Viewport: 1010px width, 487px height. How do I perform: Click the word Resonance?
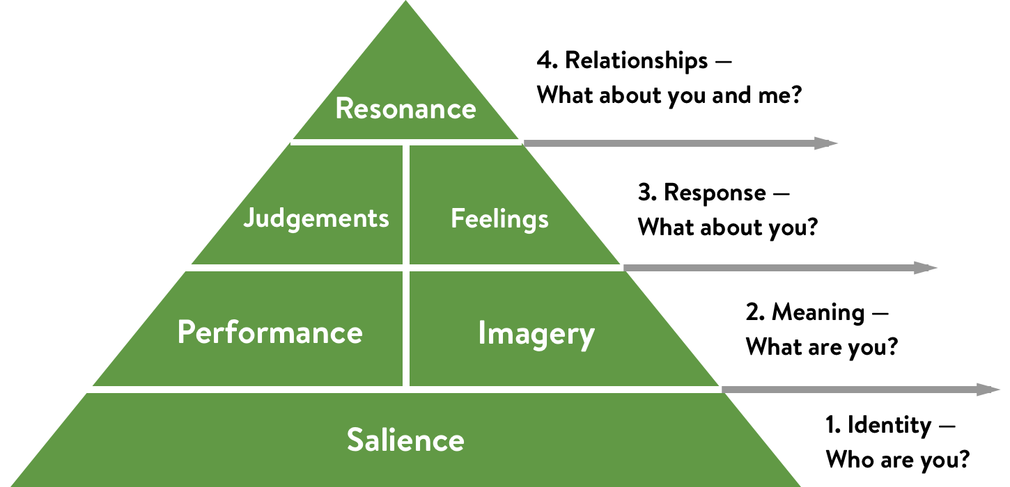coord(405,109)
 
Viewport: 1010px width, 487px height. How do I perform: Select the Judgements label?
coord(316,218)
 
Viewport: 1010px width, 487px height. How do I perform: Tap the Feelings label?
coord(499,219)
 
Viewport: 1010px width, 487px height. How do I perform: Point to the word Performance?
coord(270,333)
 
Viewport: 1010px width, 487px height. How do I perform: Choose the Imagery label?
coord(536,334)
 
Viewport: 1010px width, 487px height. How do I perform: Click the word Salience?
coord(405,440)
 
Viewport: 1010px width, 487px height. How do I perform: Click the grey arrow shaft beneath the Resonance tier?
coord(669,143)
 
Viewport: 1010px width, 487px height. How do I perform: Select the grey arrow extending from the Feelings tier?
coord(766,268)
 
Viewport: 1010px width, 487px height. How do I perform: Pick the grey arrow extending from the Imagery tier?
coord(850,390)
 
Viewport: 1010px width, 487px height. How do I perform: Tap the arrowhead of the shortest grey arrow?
coord(826,143)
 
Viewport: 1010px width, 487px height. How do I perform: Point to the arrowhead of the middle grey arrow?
coord(926,268)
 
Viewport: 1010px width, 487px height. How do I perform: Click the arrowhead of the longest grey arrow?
coord(988,390)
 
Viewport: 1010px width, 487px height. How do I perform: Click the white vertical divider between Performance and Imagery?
coord(406,327)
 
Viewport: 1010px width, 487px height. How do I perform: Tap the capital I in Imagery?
coord(481,333)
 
